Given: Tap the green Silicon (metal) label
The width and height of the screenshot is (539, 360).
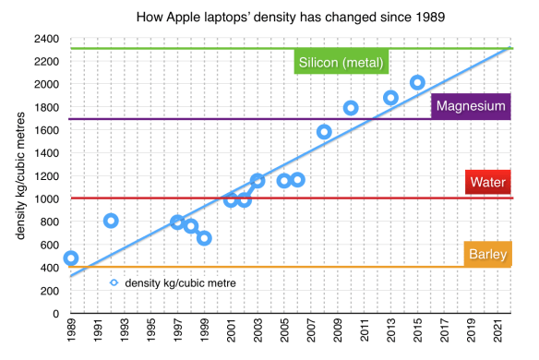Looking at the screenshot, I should [341, 63].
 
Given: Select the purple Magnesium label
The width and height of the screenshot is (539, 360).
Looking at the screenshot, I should [470, 107].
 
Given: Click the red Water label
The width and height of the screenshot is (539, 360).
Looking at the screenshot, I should [487, 183].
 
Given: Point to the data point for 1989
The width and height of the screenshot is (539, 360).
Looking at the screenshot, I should [71, 258].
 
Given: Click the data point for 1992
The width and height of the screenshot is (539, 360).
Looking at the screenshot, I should [111, 221].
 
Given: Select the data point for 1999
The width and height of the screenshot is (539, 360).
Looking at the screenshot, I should [204, 238].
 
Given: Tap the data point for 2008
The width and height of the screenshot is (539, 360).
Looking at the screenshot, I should [324, 132].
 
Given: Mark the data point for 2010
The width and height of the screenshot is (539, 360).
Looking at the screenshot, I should [351, 108].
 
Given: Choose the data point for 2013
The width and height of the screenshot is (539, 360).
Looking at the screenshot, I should [390, 98].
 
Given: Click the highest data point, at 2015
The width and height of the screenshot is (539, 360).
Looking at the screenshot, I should [417, 83].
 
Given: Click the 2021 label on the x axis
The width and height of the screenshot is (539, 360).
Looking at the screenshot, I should [497, 331].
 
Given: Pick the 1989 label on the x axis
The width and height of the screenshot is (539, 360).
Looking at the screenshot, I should [71, 331].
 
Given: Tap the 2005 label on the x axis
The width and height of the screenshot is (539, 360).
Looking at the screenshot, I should [284, 331].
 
